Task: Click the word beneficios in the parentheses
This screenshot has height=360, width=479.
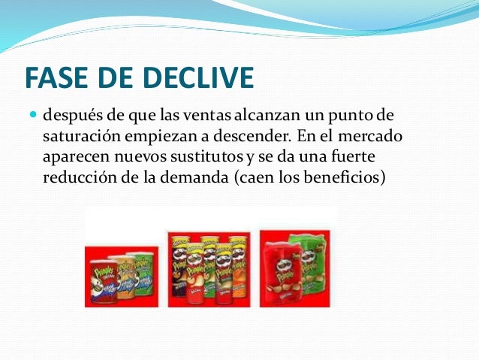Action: pos(345,180)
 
